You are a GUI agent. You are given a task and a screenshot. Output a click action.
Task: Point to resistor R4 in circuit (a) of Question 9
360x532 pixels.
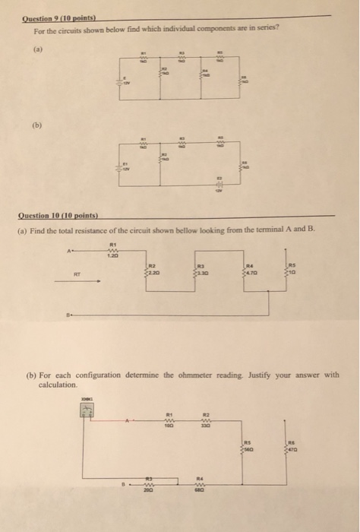pos(203,74)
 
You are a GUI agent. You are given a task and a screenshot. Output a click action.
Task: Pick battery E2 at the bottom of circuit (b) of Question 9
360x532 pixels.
pos(219,185)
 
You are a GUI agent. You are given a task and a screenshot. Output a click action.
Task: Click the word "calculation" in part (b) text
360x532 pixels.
pos(58,385)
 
